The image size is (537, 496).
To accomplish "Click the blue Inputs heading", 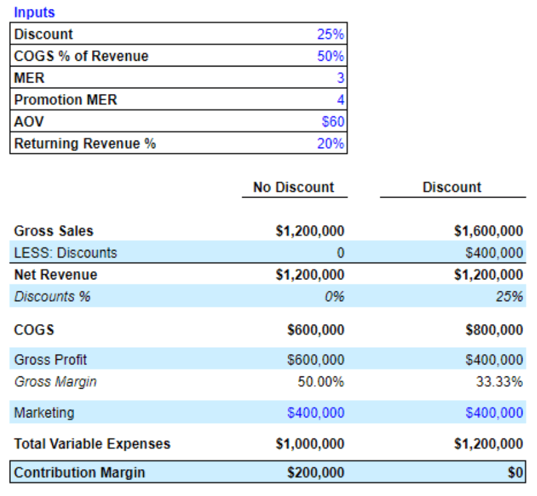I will (35, 12).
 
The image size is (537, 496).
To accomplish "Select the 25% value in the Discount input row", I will (330, 35).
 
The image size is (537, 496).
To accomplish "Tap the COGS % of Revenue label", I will (81, 56).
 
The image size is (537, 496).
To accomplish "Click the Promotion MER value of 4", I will (341, 100).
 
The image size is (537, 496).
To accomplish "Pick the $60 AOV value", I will (333, 122).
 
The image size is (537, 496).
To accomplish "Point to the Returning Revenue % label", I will (85, 144).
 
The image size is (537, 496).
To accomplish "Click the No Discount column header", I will (293, 187).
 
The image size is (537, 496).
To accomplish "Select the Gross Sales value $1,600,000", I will (488, 231).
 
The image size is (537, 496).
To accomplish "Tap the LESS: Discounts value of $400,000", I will (494, 253).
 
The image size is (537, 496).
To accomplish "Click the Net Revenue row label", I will (56, 275).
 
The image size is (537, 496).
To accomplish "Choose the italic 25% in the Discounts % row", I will (511, 297).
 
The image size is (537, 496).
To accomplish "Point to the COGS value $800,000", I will (494, 330).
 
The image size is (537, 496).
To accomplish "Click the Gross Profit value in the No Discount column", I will (316, 360).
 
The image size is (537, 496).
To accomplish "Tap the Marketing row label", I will (44, 413).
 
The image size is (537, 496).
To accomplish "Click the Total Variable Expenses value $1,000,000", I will (309, 444).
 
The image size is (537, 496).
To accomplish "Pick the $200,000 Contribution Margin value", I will (316, 473).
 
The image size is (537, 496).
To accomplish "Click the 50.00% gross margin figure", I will (321, 382).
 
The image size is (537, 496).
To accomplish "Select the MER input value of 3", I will (341, 79).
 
